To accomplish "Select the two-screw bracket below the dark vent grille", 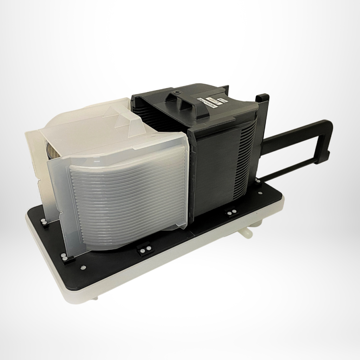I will (x=231, y=213).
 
